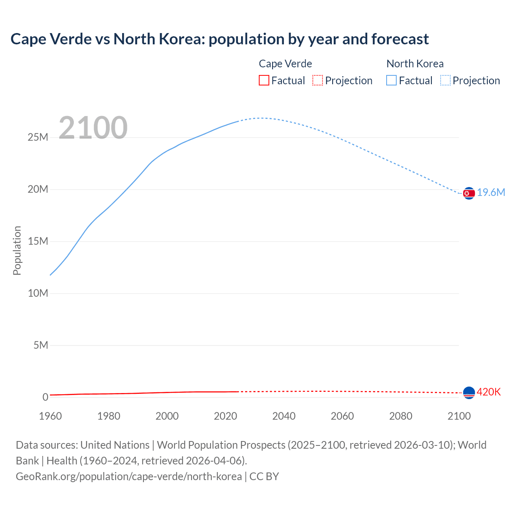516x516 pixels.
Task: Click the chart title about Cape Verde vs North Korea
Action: [219, 39]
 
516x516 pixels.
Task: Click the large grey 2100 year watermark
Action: [93, 128]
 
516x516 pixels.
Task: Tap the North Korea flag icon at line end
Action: [469, 193]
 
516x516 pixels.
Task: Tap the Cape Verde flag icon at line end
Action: [469, 393]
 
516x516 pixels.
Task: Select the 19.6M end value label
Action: [491, 193]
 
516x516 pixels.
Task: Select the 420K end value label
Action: [489, 392]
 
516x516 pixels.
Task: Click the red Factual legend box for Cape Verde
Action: [264, 81]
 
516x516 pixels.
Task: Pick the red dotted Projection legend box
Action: [318, 81]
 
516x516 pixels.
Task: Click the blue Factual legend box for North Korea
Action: [391, 81]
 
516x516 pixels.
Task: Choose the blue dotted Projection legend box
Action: [445, 81]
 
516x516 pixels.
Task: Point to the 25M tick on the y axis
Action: [38, 137]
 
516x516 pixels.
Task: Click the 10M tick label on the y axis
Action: [38, 293]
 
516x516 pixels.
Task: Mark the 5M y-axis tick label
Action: [41, 345]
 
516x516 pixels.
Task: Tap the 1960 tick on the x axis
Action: [50, 416]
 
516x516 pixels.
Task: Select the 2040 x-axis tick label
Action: [284, 416]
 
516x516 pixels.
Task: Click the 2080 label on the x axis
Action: [401, 416]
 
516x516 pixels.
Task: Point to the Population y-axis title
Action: [17, 250]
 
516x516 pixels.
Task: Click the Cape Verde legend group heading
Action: [285, 64]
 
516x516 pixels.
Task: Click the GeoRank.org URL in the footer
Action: [129, 476]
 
